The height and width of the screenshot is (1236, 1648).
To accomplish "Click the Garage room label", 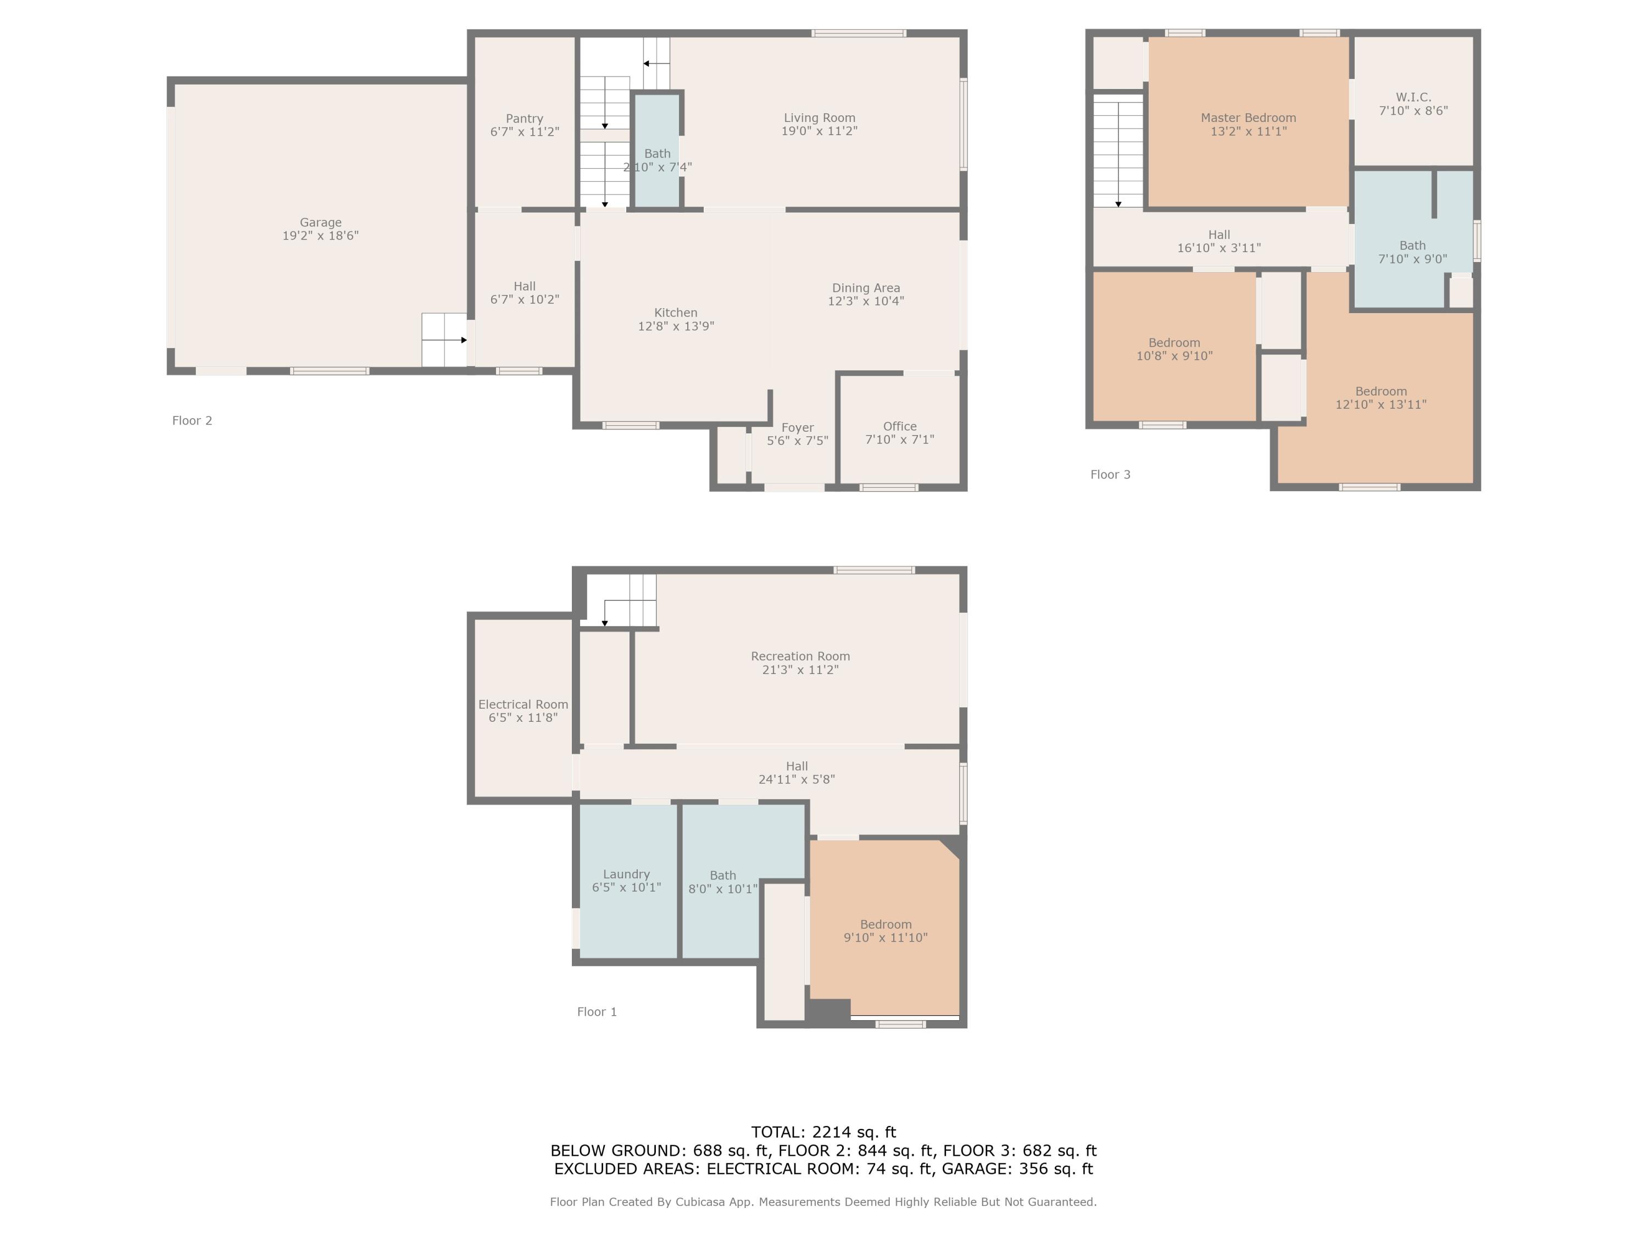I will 320,222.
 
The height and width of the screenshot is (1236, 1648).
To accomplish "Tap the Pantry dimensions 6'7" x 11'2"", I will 525,132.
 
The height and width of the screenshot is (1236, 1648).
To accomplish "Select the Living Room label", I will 819,118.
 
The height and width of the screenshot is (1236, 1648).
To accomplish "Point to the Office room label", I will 899,426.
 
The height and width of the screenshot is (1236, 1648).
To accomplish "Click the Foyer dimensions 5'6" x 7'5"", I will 797,441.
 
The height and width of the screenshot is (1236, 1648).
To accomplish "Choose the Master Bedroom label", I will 1248,118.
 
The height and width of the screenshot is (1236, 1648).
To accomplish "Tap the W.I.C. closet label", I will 1412,97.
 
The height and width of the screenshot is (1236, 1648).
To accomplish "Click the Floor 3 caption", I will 1110,475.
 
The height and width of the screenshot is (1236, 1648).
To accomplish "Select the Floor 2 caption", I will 192,420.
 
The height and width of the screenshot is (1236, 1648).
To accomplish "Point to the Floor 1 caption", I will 597,1012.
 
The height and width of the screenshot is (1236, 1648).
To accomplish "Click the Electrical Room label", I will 523,704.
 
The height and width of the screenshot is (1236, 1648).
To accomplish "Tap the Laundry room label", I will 626,874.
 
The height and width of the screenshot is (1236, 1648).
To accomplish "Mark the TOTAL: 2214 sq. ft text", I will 823,1132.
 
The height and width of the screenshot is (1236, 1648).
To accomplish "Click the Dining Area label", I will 866,288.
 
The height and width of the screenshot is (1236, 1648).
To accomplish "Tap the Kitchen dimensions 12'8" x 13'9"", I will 676,326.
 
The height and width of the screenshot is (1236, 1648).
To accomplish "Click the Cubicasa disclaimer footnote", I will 823,1202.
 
